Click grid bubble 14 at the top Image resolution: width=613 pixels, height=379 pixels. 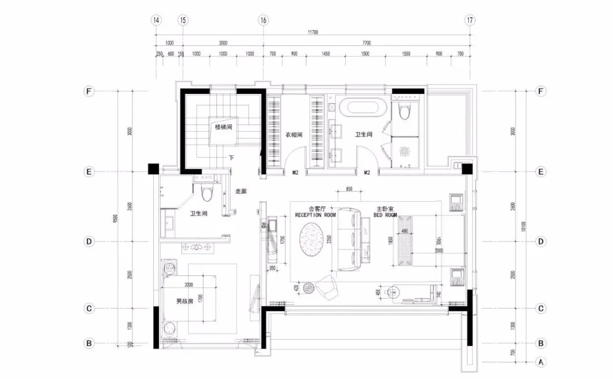click(157, 20)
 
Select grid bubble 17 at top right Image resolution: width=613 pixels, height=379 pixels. click(470, 20)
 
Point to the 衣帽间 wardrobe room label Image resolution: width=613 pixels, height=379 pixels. click(294, 134)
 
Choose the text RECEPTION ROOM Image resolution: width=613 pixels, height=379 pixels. click(315, 215)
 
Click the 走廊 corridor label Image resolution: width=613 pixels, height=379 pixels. click(241, 191)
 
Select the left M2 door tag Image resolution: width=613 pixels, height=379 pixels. click(295, 172)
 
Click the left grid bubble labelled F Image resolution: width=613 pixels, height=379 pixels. click(89, 92)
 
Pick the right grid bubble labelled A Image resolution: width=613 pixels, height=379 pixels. click(541, 362)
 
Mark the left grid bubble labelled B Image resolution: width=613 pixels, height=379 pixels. click(89, 343)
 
